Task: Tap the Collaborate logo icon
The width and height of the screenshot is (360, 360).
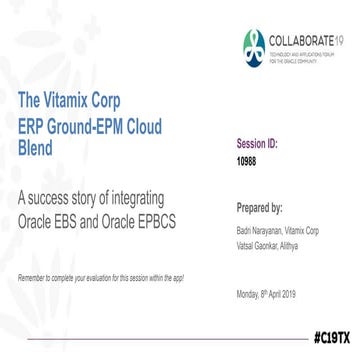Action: point(254,46)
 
